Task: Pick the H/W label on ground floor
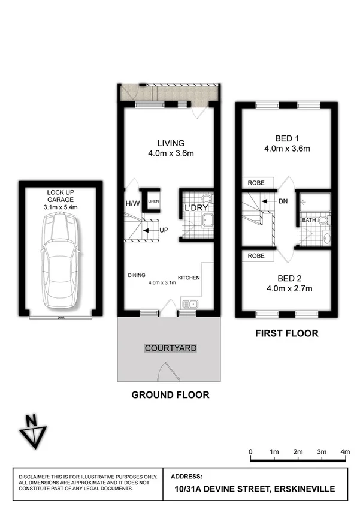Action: (x=132, y=203)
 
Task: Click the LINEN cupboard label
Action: (x=153, y=201)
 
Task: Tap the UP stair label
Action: (x=163, y=230)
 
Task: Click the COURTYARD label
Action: (x=171, y=348)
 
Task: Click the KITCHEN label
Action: (x=189, y=277)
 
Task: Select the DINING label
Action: (x=137, y=275)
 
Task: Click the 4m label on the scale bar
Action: (x=344, y=451)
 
